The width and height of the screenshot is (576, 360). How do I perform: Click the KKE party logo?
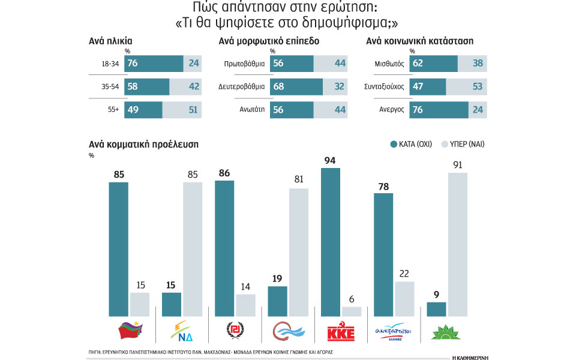pyautogui.click(x=342, y=332)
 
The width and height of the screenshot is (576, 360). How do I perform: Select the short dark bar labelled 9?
pyautogui.click(x=436, y=309)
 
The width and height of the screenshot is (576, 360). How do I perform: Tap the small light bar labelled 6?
pyautogui.click(x=352, y=311)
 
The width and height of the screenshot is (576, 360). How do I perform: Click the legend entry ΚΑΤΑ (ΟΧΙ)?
pyautogui.click(x=414, y=144)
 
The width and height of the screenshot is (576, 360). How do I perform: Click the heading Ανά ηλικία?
pyautogui.click(x=110, y=41)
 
